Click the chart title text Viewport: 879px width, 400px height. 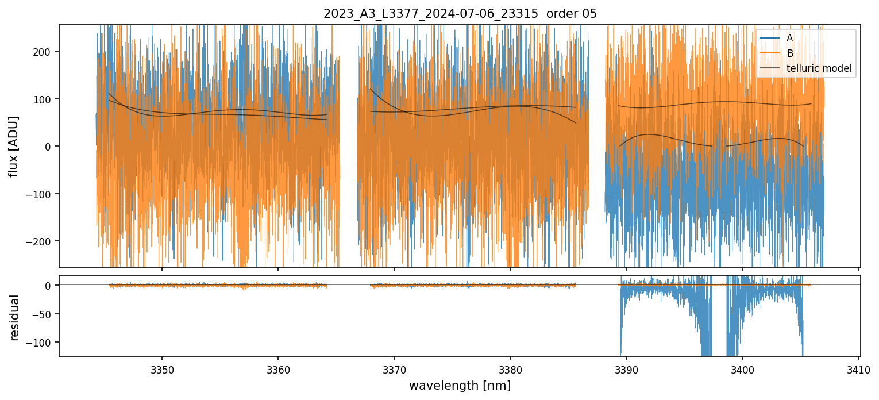tap(460, 14)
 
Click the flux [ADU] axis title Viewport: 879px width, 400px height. tap(13, 146)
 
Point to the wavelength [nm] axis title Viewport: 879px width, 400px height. tap(460, 386)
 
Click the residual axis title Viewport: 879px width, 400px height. tap(14, 317)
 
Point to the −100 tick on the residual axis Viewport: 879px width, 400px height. tap(42, 343)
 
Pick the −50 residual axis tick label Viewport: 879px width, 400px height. tap(44, 314)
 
